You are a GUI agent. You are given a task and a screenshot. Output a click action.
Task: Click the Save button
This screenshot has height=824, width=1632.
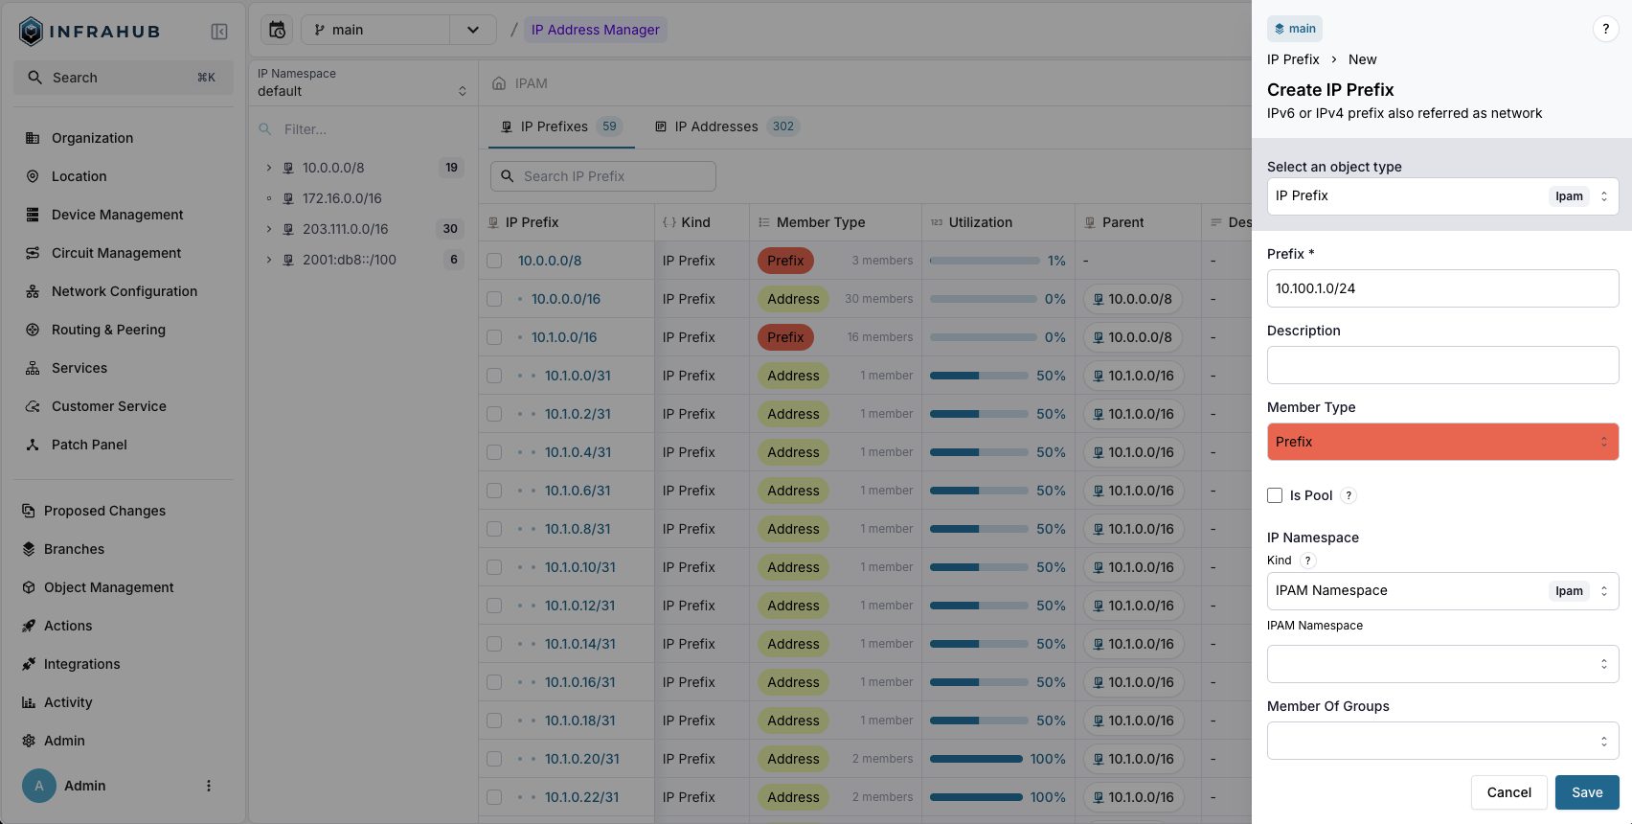tap(1586, 792)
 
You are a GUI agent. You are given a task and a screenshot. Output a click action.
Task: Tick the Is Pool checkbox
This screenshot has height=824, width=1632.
tap(1275, 495)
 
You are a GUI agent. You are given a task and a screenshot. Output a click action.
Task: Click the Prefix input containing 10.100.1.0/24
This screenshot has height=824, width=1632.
tap(1441, 288)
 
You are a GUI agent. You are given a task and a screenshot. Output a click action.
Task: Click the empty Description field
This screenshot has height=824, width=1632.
tap(1441, 365)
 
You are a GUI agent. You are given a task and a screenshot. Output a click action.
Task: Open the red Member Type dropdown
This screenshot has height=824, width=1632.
tap(1441, 442)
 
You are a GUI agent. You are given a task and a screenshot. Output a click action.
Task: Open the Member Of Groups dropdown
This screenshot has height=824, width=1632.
tap(1441, 741)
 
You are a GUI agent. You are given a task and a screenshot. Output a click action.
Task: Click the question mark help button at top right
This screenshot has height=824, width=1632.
tap(1605, 29)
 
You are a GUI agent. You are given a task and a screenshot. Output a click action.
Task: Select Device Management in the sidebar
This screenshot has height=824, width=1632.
tap(117, 215)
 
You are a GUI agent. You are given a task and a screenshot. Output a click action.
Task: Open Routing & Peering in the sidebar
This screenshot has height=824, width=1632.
tap(108, 330)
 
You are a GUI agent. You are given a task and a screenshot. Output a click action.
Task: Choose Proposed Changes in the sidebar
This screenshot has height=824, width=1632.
tap(104, 511)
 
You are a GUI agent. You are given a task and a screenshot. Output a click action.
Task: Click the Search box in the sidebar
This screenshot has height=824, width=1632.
tap(123, 78)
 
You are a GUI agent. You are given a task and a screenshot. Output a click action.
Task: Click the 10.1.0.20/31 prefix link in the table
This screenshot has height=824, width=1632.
tap(581, 759)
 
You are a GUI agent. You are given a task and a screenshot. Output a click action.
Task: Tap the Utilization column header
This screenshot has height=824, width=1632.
tap(980, 222)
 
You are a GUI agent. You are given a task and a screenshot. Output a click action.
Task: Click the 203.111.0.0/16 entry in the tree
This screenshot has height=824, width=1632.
tap(345, 229)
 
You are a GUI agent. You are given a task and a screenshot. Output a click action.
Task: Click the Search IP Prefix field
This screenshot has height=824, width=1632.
tap(603, 176)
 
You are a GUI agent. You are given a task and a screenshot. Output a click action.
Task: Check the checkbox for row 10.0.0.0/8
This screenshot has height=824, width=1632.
tap(494, 261)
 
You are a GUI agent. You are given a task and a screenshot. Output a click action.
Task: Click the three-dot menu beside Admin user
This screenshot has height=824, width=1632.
tap(209, 786)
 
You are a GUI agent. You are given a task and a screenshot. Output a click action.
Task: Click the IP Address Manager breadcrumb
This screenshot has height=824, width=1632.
tap(595, 30)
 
